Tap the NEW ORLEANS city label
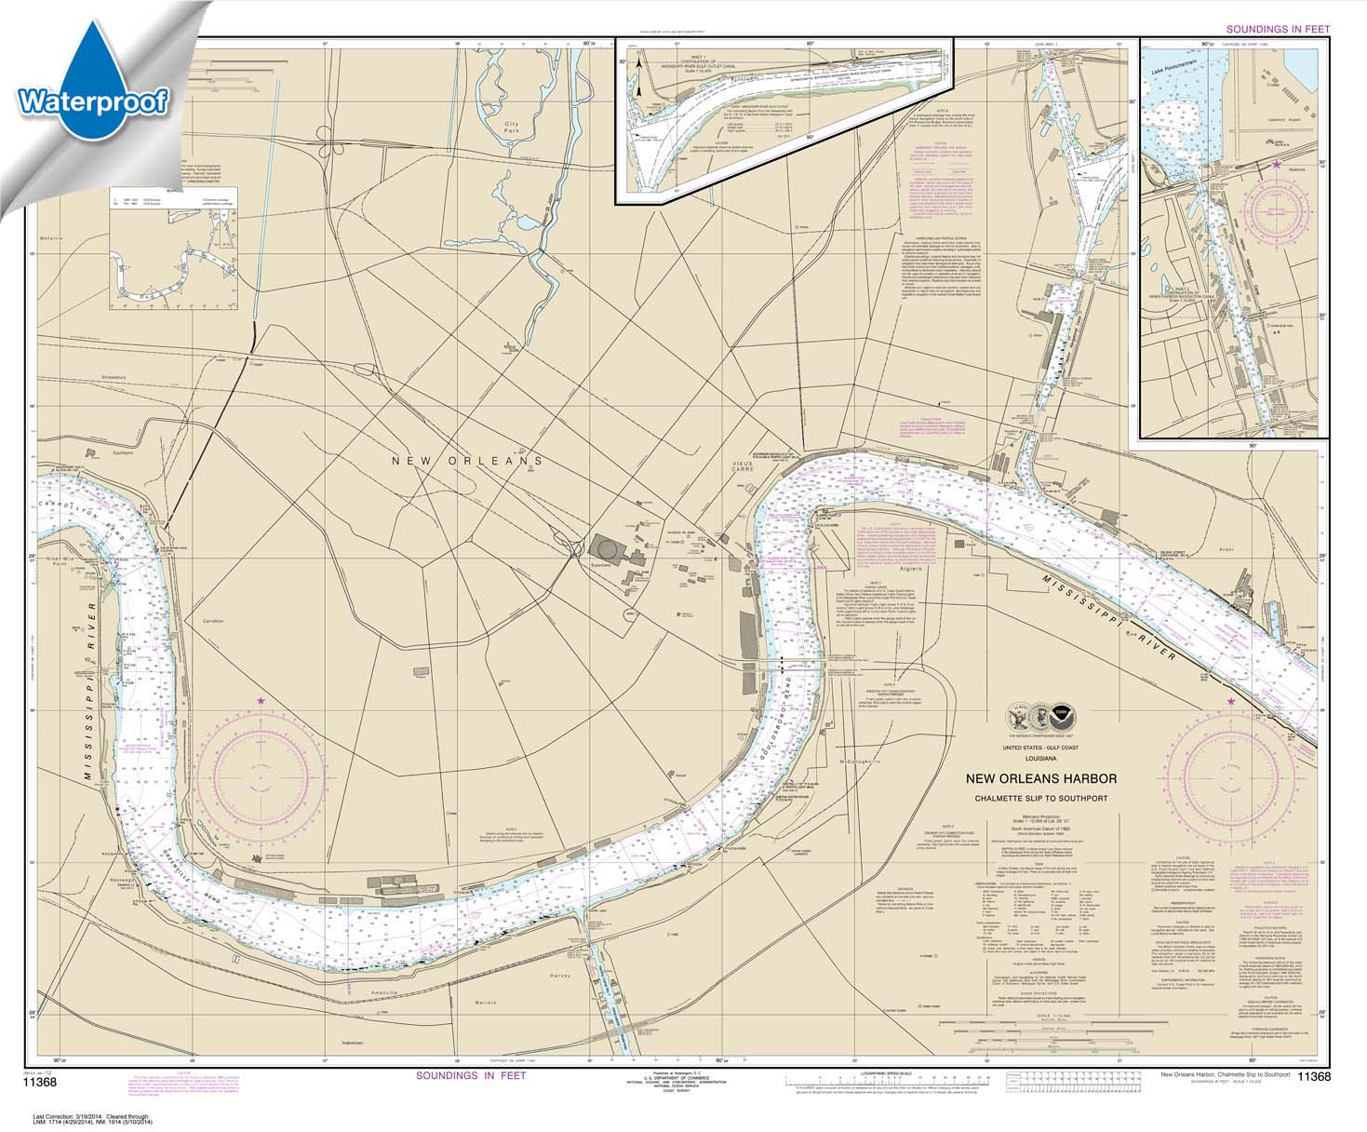point(467,461)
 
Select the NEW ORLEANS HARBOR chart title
point(1040,779)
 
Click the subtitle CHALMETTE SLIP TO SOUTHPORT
point(1040,796)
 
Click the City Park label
point(510,128)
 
